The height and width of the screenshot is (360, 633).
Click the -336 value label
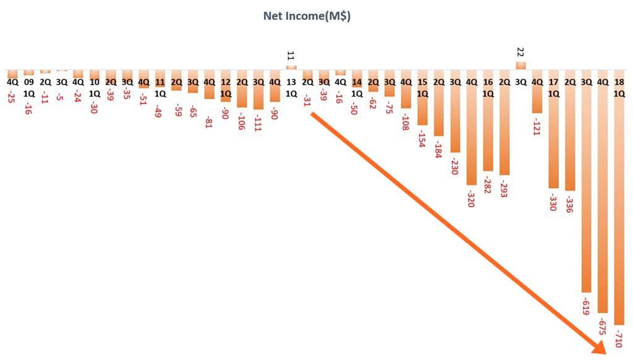(569, 202)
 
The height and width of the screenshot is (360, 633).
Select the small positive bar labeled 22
(520, 65)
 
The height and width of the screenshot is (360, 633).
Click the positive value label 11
(291, 56)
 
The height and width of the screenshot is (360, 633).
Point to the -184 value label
(438, 147)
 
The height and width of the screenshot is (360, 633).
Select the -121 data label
(537, 124)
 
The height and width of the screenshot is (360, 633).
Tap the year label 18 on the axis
(619, 82)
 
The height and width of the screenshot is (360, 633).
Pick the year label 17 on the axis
(553, 82)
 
